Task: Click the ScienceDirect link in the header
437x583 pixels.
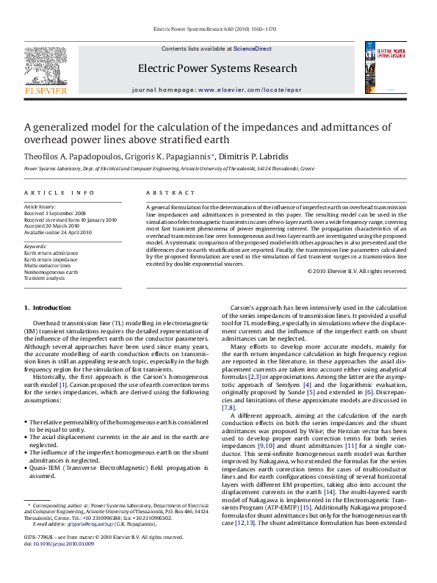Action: click(252, 48)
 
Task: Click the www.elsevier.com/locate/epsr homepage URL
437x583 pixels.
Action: click(249, 89)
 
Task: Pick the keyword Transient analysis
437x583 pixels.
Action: click(44, 278)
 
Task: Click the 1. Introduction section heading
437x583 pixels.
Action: click(48, 307)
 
